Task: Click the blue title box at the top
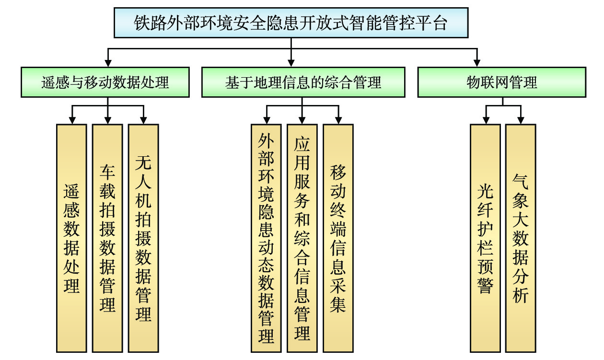pos(291,23)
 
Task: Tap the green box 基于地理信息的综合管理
pos(303,82)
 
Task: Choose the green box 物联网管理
pos(502,82)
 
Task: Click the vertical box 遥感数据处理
pos(71,238)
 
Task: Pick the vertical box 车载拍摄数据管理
pos(107,238)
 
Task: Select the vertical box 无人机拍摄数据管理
pos(143,238)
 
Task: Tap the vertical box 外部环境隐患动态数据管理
pos(266,238)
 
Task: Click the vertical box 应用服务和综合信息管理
pos(302,238)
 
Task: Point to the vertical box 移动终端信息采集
pos(338,238)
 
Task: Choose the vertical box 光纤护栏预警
pos(485,238)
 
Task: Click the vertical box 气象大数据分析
pos(521,238)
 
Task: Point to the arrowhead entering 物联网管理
pos(476,62)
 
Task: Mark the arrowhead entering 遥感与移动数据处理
pos(108,62)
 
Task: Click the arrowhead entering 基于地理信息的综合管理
pos(291,62)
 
